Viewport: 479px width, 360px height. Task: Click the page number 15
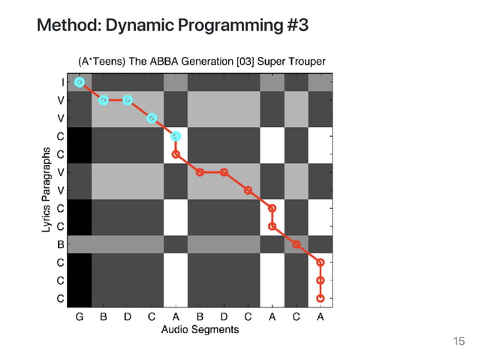[459, 342]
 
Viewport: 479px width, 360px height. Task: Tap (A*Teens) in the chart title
[101, 60]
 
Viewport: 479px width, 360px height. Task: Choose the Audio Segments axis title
[200, 329]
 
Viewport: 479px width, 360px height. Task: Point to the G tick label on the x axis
[80, 316]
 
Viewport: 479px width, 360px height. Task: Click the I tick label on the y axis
[60, 82]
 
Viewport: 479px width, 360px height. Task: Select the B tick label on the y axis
[60, 244]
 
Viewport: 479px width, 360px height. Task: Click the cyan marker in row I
[80, 82]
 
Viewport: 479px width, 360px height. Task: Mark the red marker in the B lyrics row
[297, 244]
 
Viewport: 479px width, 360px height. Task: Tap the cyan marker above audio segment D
[128, 100]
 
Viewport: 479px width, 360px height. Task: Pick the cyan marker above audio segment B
[104, 100]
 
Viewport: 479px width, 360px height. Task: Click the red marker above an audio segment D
[224, 172]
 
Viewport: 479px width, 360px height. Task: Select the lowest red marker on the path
[321, 298]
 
